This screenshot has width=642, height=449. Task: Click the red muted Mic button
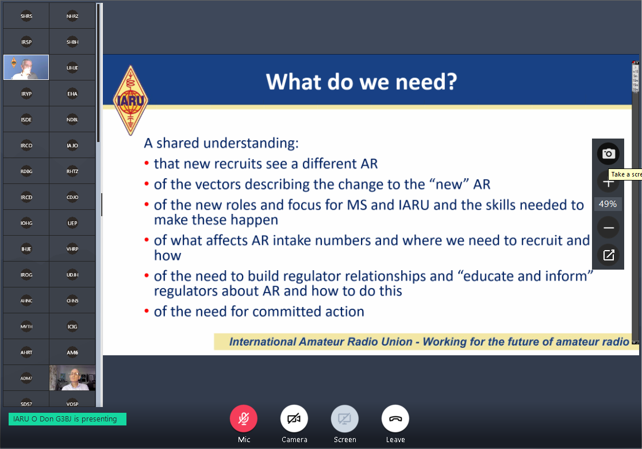click(244, 419)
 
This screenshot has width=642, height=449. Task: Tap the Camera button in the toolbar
click(294, 419)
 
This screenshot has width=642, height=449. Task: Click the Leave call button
click(395, 419)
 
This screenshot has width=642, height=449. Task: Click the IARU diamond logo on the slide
click(130, 101)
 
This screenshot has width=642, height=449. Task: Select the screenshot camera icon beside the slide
click(608, 153)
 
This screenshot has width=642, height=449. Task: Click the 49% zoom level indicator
click(608, 204)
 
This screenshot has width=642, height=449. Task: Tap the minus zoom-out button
click(609, 228)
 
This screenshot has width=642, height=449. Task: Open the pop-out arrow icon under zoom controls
click(609, 255)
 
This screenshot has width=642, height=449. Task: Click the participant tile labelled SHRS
click(26, 16)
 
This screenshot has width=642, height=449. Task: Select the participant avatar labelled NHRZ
click(72, 16)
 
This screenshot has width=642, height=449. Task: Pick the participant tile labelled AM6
click(72, 352)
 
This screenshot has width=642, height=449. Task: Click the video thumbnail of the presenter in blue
click(26, 67)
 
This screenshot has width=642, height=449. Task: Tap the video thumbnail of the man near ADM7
click(72, 378)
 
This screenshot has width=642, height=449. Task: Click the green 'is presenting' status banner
click(68, 419)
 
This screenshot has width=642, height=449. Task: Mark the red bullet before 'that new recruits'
click(147, 164)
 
